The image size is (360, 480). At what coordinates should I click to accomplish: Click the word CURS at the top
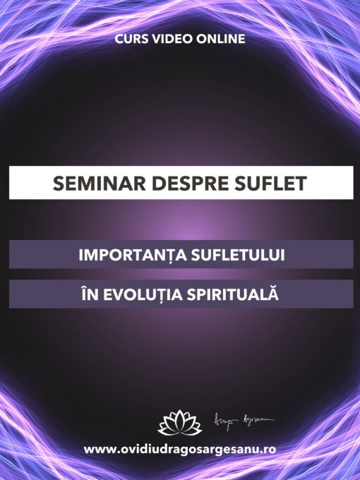coord(131,39)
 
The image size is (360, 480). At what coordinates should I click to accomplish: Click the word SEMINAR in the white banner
coord(97,184)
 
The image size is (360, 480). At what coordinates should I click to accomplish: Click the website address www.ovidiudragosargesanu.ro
coord(180,450)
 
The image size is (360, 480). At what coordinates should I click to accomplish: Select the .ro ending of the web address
coord(268,450)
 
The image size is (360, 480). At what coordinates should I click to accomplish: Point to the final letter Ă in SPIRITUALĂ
coord(275,294)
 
